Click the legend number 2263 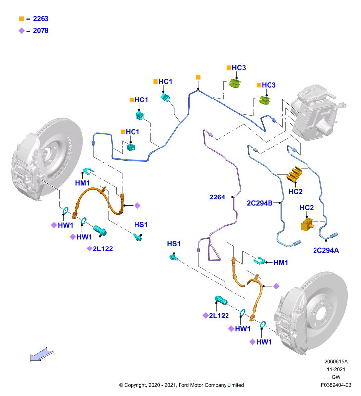(41, 19)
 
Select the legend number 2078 (41, 31)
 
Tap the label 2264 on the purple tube (217, 197)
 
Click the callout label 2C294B (260, 203)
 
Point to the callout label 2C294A (326, 250)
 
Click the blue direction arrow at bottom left (42, 355)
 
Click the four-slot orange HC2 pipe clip (295, 174)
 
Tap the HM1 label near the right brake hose (281, 263)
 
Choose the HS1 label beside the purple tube (174, 244)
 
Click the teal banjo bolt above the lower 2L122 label (221, 300)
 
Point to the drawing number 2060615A (336, 362)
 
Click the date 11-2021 (336, 369)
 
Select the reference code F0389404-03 (336, 385)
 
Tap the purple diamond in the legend (22, 31)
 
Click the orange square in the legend (22, 19)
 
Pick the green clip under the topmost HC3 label (235, 83)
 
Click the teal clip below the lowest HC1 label (131, 147)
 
